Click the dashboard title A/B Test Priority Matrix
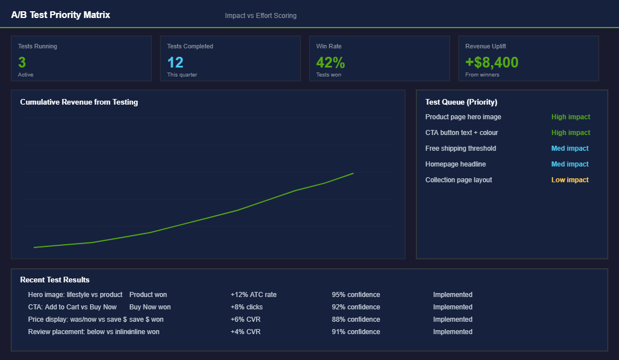(x=61, y=15)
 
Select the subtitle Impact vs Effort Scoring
(x=261, y=16)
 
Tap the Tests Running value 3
(x=22, y=62)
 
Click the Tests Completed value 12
(x=175, y=62)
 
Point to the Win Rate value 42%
(x=330, y=62)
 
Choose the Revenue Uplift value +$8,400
(x=492, y=62)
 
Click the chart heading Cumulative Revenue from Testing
(x=79, y=102)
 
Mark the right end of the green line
(x=353, y=173)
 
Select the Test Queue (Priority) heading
(x=461, y=102)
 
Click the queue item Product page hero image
(x=463, y=117)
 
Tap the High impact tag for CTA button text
(x=571, y=133)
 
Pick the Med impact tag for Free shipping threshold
(x=569, y=148)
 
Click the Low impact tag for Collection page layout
(x=569, y=180)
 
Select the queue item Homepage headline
(x=455, y=164)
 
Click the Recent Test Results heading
(x=55, y=280)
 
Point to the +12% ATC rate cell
(x=253, y=295)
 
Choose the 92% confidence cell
(x=356, y=307)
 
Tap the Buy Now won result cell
(x=150, y=307)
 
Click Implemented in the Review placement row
(x=452, y=332)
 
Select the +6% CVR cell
(x=245, y=319)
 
